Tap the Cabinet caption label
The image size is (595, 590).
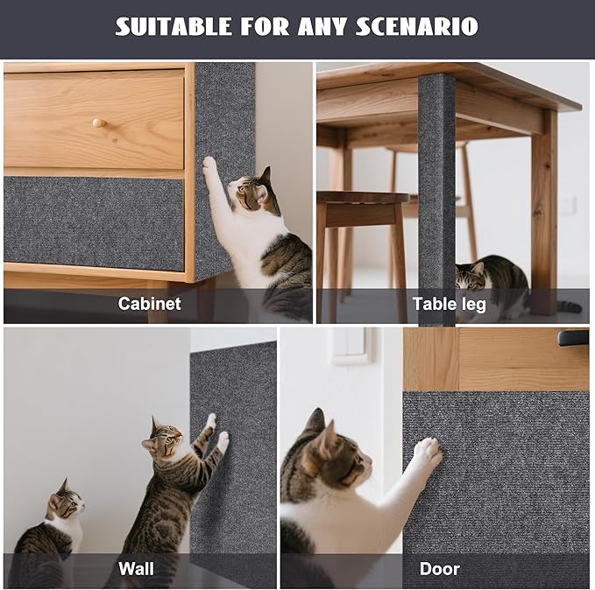point(150,304)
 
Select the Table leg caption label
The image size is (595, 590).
point(449,304)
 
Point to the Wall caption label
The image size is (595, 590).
point(136,569)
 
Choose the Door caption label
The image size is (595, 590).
point(439,569)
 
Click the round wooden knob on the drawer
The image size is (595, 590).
point(98,123)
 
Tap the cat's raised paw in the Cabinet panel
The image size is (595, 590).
point(209,165)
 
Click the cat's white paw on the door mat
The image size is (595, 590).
point(427,452)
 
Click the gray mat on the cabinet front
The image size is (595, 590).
point(94,223)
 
